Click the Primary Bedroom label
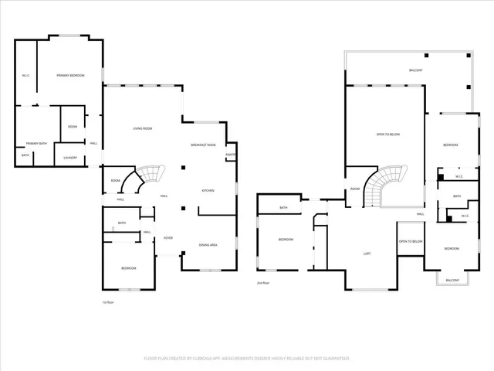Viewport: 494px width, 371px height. coord(70,75)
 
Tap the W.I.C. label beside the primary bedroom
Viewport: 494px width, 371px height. coord(25,75)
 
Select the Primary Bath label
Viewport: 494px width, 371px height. coord(36,144)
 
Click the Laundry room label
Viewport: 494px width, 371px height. coord(70,158)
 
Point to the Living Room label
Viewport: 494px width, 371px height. coord(142,128)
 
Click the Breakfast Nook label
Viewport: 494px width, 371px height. coord(204,145)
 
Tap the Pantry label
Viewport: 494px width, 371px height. coord(231,155)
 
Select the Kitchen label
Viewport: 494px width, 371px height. coord(208,190)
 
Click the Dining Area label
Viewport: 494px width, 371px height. coord(208,244)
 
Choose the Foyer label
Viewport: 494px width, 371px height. coord(167,238)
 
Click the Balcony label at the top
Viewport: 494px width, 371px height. coord(415,70)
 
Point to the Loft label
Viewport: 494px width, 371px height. coord(368,254)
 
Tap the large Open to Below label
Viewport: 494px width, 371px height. coord(387,134)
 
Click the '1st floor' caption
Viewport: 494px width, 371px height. coord(108,302)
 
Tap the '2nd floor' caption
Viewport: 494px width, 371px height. coord(263,284)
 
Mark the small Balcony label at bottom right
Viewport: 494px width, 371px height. coord(452,280)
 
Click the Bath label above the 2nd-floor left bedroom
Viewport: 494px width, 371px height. coord(283,207)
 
